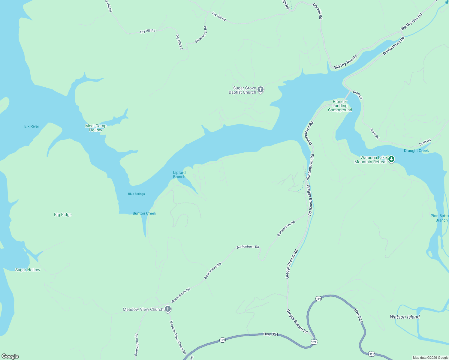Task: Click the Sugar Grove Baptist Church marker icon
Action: coord(261,89)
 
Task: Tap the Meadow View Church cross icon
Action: coord(168,309)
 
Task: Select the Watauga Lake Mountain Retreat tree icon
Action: coord(391,159)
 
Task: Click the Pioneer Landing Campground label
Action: coord(340,106)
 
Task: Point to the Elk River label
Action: coord(32,126)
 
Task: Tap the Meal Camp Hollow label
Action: coord(96,128)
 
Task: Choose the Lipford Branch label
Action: coord(179,175)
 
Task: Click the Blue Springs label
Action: coord(137,194)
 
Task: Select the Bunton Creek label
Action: coord(144,213)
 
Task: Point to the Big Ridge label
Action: coord(63,214)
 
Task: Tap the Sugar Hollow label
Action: coord(28,270)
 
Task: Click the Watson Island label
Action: coord(405,317)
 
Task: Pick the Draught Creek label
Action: coord(416,151)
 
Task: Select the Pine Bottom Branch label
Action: coord(440,218)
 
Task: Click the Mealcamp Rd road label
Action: coord(201,34)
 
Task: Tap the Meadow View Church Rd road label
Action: coord(178,337)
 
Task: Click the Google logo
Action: coord(10,356)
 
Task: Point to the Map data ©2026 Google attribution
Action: coord(430,358)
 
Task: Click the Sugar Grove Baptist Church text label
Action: coord(243,90)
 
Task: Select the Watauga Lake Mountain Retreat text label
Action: coord(371,160)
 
